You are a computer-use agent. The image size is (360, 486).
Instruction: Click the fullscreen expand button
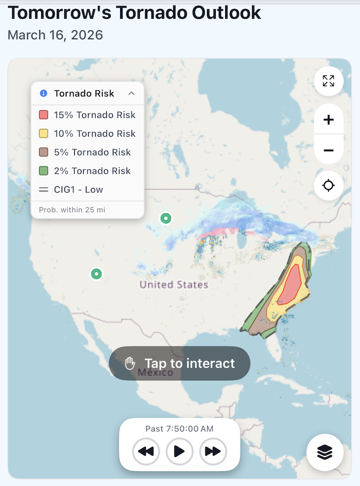tap(329, 81)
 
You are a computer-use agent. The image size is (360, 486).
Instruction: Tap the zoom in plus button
tap(329, 120)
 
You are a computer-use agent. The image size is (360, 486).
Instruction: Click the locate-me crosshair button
tap(329, 185)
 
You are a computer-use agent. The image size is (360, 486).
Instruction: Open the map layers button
tap(325, 452)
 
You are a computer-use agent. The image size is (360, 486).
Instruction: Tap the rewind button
tap(146, 452)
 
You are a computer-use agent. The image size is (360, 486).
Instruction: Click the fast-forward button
tap(213, 452)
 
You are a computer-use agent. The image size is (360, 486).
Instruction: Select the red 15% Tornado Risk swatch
tap(43, 115)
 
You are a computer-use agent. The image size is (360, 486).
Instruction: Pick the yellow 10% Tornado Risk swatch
tap(43, 133)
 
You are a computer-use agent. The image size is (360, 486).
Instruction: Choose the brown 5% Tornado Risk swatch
tap(43, 152)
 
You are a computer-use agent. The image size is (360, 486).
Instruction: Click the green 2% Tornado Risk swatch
tap(43, 171)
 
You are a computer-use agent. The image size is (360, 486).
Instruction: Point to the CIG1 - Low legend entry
tap(78, 190)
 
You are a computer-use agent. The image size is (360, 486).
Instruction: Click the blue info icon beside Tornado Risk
tap(43, 94)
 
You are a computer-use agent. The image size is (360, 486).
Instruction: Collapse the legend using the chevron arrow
tap(132, 94)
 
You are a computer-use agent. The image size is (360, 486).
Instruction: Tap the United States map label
tap(174, 285)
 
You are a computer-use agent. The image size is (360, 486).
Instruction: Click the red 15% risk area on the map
tap(291, 284)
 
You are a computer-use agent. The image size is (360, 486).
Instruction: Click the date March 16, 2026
tap(55, 35)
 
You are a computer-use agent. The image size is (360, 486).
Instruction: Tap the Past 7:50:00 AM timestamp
tap(179, 429)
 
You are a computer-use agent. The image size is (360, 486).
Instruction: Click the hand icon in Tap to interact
tap(130, 363)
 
